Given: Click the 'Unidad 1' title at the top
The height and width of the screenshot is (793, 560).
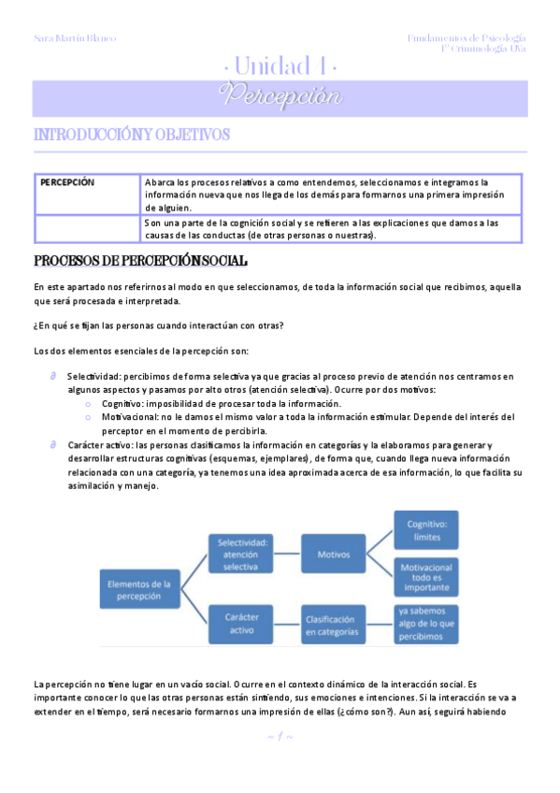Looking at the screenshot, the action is click(x=280, y=65).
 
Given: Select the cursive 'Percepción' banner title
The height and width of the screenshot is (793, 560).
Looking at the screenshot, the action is click(x=280, y=96).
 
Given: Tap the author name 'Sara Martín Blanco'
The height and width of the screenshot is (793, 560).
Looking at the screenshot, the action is click(x=75, y=38).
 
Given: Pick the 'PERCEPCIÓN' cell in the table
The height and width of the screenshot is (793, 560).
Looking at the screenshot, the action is click(x=67, y=182).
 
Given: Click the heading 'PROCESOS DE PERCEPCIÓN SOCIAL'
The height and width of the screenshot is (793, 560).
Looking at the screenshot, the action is click(x=140, y=260).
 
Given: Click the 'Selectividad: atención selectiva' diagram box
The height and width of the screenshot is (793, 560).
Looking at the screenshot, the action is click(x=242, y=554).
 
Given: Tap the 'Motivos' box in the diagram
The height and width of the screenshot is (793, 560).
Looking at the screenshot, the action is click(x=334, y=554).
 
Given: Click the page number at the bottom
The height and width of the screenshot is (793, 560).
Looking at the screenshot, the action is click(x=280, y=737).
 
